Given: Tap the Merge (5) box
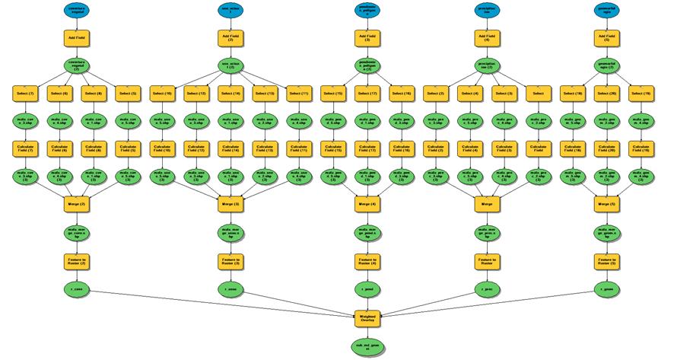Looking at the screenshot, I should pos(606,203).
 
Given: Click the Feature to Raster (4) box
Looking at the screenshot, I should pos(367,261).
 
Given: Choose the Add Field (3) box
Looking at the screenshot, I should pos(225,37).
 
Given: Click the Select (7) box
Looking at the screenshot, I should pos(24,94).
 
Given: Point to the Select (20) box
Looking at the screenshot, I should pos(606,94).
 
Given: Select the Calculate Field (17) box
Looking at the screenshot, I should pos(367,148).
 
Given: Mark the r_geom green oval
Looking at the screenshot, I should pos(606,290).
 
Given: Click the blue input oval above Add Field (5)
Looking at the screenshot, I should pos(606,10).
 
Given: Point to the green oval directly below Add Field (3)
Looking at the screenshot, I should pos(225,65).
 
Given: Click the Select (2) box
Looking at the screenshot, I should pos(435,94).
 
